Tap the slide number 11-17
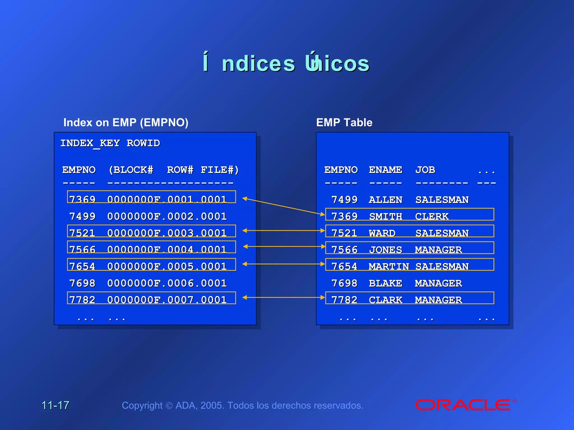55,405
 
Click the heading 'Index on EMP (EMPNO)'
126,123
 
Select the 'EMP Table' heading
344,123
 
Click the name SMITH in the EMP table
385,216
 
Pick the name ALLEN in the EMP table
385,200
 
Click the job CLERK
432,216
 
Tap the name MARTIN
389,266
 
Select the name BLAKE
385,283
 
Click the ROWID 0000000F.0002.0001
167,216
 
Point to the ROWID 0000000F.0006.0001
167,283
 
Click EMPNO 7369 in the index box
82,200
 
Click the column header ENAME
385,170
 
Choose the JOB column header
425,170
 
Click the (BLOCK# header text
131,170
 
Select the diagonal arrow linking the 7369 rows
283,206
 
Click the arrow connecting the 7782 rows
283,298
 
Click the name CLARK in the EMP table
385,300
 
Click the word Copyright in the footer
142,405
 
